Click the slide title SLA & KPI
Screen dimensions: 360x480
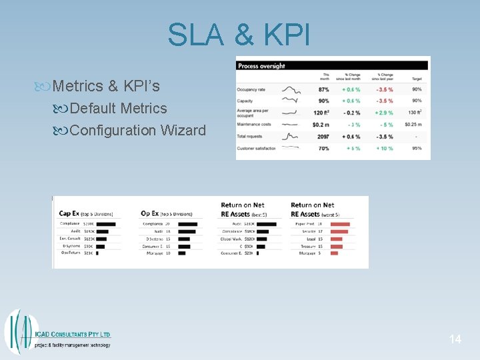[239, 35]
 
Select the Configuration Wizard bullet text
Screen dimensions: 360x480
[137, 130]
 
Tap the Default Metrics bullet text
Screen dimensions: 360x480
[118, 108]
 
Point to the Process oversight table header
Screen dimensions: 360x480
[262, 65]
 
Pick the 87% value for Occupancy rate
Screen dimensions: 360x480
[323, 89]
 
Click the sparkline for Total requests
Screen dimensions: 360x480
[290, 137]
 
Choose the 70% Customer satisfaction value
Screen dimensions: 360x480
[323, 148]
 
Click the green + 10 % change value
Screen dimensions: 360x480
[385, 148]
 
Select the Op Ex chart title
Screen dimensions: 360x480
[150, 213]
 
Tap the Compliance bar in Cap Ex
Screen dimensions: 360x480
[106, 224]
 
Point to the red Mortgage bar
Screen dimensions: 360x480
[334, 253]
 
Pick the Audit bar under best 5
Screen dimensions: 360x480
[267, 224]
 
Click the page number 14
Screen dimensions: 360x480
[455, 339]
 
